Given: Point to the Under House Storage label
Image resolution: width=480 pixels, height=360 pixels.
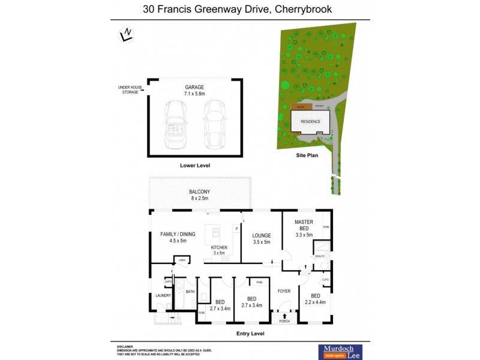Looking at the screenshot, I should coord(130,90).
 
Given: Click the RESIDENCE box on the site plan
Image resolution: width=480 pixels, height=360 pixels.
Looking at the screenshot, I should coord(310,122).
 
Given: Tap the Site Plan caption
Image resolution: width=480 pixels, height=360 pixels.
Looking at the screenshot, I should coord(307,155).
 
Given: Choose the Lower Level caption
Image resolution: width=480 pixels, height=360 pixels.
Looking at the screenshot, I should coord(195,165).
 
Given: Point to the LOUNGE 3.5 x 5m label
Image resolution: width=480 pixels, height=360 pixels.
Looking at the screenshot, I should coord(262,239).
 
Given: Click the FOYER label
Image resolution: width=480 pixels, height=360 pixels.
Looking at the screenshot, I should coord(284,292).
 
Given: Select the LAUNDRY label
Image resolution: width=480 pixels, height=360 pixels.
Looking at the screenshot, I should coord(163,295).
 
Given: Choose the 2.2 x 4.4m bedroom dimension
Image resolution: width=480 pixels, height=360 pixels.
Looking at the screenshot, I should coord(316,302).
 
